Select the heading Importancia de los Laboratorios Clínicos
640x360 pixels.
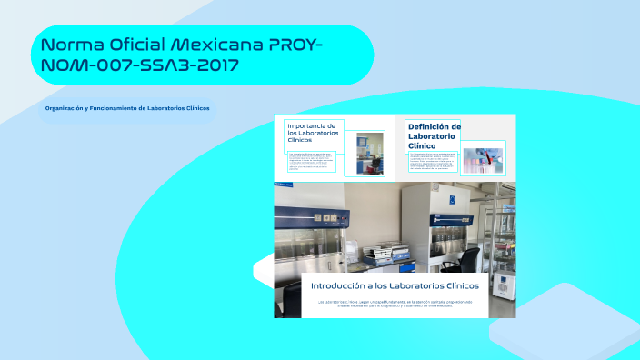pyautogui.click(x=312, y=133)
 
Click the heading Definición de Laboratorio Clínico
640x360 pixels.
pyautogui.click(x=433, y=135)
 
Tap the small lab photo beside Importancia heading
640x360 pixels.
pyautogui.click(x=369, y=153)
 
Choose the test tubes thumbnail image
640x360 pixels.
pyautogui.click(x=484, y=158)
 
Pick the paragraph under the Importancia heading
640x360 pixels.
pyautogui.click(x=312, y=162)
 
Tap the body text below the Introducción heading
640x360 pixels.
pyautogui.click(x=395, y=303)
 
